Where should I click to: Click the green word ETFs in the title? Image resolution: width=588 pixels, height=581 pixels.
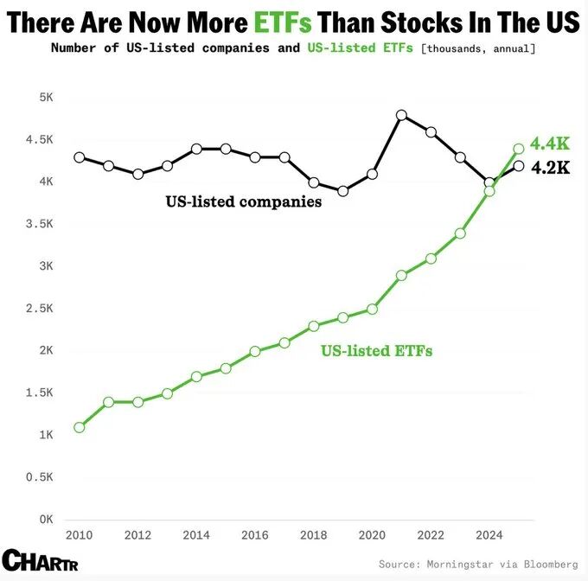point(281,21)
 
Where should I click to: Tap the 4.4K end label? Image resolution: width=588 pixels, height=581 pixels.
point(549,144)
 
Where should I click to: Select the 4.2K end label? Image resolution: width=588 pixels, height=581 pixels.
point(549,168)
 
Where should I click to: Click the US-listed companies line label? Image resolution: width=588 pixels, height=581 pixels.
point(243,202)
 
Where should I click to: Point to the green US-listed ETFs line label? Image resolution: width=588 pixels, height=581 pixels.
point(376,351)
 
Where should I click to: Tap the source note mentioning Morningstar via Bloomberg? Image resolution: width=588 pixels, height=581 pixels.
point(478,564)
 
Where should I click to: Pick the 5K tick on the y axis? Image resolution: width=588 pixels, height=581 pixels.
point(45,98)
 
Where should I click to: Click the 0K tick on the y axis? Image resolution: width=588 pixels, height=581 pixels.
point(45,520)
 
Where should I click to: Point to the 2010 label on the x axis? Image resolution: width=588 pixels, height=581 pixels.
point(79,535)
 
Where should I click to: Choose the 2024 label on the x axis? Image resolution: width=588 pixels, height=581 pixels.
point(489,535)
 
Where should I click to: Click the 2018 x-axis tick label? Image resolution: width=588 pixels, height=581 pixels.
point(314,535)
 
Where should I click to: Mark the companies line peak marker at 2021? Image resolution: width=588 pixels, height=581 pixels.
point(401,115)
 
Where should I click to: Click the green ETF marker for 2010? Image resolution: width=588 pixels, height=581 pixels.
point(80,427)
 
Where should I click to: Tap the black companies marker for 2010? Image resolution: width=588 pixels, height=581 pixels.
point(80,157)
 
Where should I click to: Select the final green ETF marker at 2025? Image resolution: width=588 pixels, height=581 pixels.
point(519,149)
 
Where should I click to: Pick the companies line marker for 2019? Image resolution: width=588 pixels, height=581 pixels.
point(343,191)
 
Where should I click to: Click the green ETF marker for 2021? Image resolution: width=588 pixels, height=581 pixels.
point(401,275)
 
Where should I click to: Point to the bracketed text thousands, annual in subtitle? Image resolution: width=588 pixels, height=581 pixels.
point(477,48)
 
